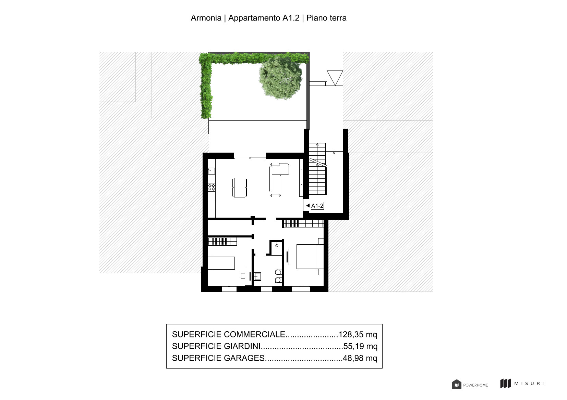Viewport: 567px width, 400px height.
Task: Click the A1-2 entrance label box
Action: [x=317, y=206]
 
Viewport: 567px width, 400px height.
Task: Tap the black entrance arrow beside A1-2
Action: [x=308, y=206]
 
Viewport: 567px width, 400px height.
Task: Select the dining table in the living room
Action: [x=240, y=188]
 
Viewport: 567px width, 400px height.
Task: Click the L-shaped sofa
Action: [x=278, y=180]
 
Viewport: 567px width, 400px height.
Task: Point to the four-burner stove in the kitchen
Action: [x=212, y=187]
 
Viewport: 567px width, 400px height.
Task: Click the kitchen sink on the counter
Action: [x=212, y=171]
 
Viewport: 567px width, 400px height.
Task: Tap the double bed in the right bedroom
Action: [x=310, y=257]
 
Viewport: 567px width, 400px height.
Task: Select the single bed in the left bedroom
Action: [x=221, y=263]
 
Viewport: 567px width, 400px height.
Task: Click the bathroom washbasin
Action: [x=257, y=276]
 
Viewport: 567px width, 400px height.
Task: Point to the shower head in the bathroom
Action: [x=277, y=245]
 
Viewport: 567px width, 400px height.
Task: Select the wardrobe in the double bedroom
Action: [x=303, y=224]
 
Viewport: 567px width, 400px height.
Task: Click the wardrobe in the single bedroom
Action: [x=222, y=241]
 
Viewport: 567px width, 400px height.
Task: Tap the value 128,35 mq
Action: [x=358, y=334]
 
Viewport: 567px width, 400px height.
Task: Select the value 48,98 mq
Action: [x=360, y=358]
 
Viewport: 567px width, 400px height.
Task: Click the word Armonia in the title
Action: [x=206, y=18]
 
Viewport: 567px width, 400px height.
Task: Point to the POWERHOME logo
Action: [x=470, y=385]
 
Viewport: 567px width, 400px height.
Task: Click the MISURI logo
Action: [x=522, y=383]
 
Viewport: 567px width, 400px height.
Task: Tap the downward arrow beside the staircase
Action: [x=334, y=151]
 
